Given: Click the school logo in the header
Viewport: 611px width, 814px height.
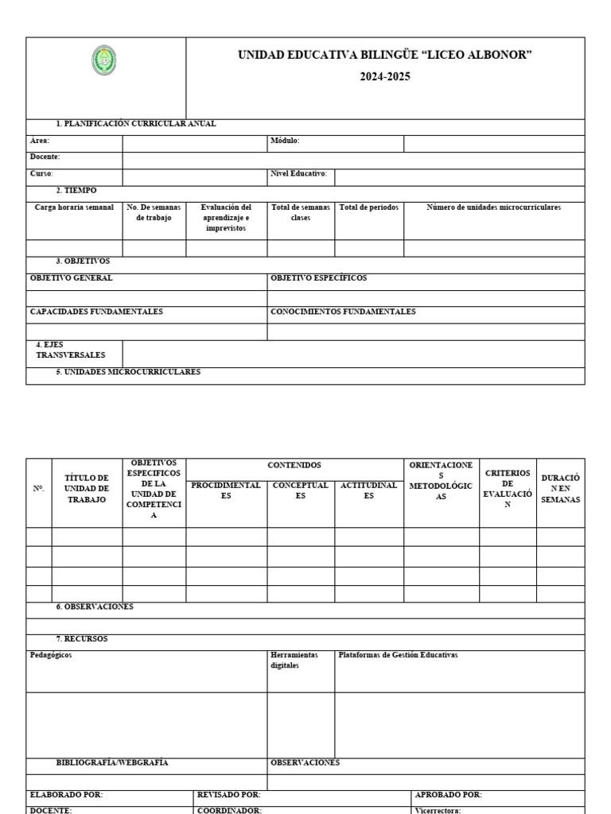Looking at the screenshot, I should (104, 61).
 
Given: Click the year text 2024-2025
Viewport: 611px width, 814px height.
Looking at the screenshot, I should (385, 77).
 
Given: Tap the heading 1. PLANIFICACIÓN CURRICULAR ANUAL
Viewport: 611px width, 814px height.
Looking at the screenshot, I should (136, 124).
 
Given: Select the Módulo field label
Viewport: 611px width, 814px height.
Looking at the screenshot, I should (285, 141).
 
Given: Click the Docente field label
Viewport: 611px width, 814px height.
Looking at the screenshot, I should (45, 157).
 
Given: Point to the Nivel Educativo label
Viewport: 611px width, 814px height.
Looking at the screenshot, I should (299, 173).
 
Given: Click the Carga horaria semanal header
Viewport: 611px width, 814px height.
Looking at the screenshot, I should (74, 207).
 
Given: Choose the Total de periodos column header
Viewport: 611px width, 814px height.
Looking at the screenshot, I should (369, 207).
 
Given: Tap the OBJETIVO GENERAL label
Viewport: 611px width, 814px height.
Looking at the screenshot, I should (71, 278).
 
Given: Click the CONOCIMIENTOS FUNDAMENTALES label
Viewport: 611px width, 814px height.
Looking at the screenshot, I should (343, 312).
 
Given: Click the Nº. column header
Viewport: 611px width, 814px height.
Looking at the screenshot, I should (39, 488).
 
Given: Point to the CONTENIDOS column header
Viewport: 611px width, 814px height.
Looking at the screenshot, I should (294, 464).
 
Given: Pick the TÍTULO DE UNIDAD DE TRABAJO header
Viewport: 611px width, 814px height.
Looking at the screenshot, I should (87, 488).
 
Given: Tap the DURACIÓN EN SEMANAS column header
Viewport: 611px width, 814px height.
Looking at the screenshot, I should (560, 488).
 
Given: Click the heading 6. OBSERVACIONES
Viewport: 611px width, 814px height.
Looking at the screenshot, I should (95, 607).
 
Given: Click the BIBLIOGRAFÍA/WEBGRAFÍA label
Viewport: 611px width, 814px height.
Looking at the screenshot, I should (112, 762).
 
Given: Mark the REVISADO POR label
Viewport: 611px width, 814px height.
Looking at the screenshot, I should (229, 794).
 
